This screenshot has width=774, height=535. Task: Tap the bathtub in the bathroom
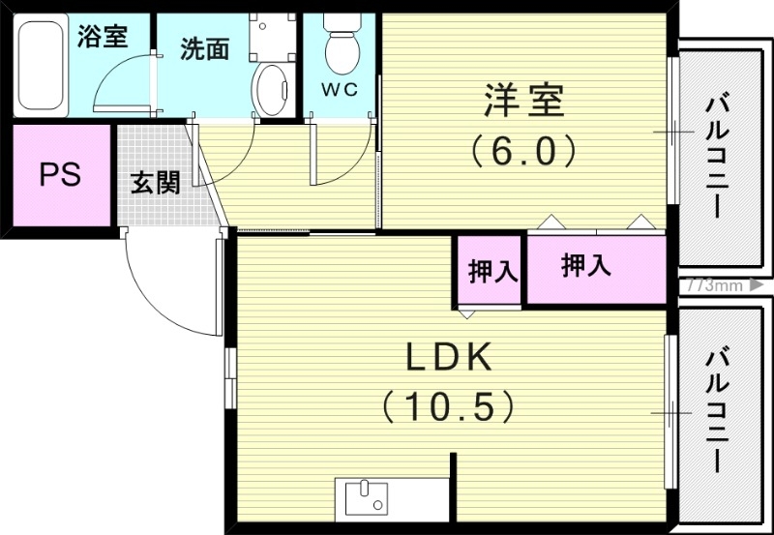[42, 66]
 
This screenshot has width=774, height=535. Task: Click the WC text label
[340, 90]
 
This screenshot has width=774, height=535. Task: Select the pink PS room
[60, 175]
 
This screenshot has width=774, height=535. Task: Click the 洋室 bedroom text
[523, 101]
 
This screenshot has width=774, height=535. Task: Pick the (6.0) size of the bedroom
[524, 150]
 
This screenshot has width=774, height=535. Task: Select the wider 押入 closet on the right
[587, 266]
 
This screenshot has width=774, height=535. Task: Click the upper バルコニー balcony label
[719, 155]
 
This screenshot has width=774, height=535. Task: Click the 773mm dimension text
[713, 285]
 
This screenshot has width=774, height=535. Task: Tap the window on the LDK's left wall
[229, 378]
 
